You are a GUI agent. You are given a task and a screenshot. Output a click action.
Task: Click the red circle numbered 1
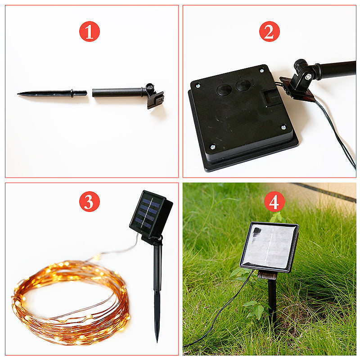click(x=89, y=31)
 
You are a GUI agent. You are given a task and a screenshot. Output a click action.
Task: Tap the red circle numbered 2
click(x=269, y=31)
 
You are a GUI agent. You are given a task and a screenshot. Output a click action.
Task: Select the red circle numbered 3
click(x=89, y=202)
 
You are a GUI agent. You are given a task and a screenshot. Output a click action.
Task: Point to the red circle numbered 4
click(x=274, y=202)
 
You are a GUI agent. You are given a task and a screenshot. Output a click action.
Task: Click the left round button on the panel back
click(x=224, y=90)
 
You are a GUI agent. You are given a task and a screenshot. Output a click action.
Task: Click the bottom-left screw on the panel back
click(x=212, y=147)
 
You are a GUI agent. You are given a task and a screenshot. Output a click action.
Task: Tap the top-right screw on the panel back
click(x=261, y=71)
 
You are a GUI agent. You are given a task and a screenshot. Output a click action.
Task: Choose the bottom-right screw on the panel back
click(x=283, y=127)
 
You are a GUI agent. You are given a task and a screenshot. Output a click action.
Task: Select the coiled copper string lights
click(x=70, y=301)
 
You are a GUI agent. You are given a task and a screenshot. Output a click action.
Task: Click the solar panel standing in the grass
click(x=269, y=247)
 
